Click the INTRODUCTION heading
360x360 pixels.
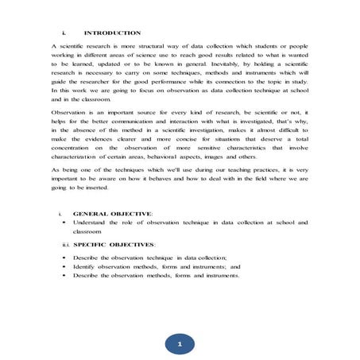(x=112, y=33)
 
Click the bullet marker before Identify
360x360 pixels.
(x=63, y=267)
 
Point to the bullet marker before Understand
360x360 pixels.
(x=63, y=223)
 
